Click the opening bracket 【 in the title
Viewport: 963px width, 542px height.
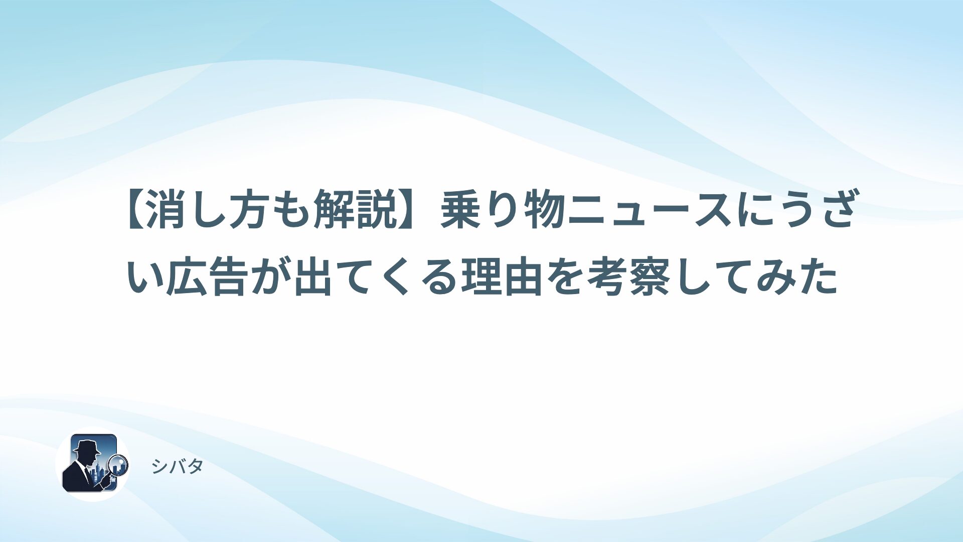135,210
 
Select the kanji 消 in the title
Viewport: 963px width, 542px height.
167,210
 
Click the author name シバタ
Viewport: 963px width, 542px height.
178,467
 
